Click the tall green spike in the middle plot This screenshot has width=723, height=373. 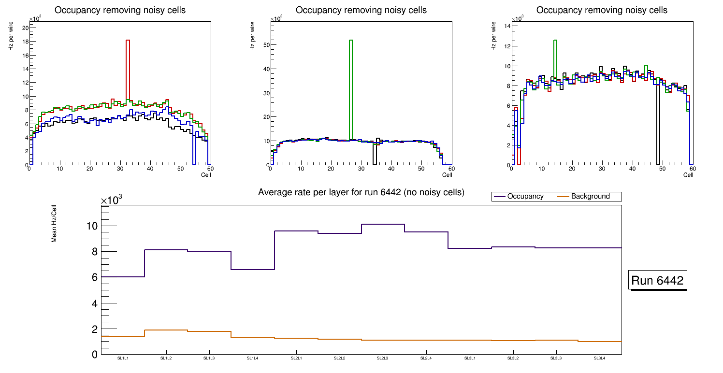(351, 87)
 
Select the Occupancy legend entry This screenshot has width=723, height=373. (525, 197)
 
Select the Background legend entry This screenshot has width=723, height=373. (590, 197)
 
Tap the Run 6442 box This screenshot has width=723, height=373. (658, 281)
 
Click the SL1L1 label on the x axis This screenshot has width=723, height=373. (123, 359)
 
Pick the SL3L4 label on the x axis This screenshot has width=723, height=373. (600, 359)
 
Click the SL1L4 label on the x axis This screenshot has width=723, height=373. (253, 359)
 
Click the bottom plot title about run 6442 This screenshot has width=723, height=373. (361, 192)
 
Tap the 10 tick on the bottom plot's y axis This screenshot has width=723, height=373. (92, 226)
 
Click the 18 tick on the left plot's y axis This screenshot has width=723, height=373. (24, 42)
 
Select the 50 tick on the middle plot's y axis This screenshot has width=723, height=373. (264, 45)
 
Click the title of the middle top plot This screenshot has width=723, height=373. (361, 10)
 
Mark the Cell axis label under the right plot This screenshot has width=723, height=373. (688, 175)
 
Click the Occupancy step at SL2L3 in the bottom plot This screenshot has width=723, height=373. (383, 224)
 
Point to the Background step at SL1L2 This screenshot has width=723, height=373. (166, 330)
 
